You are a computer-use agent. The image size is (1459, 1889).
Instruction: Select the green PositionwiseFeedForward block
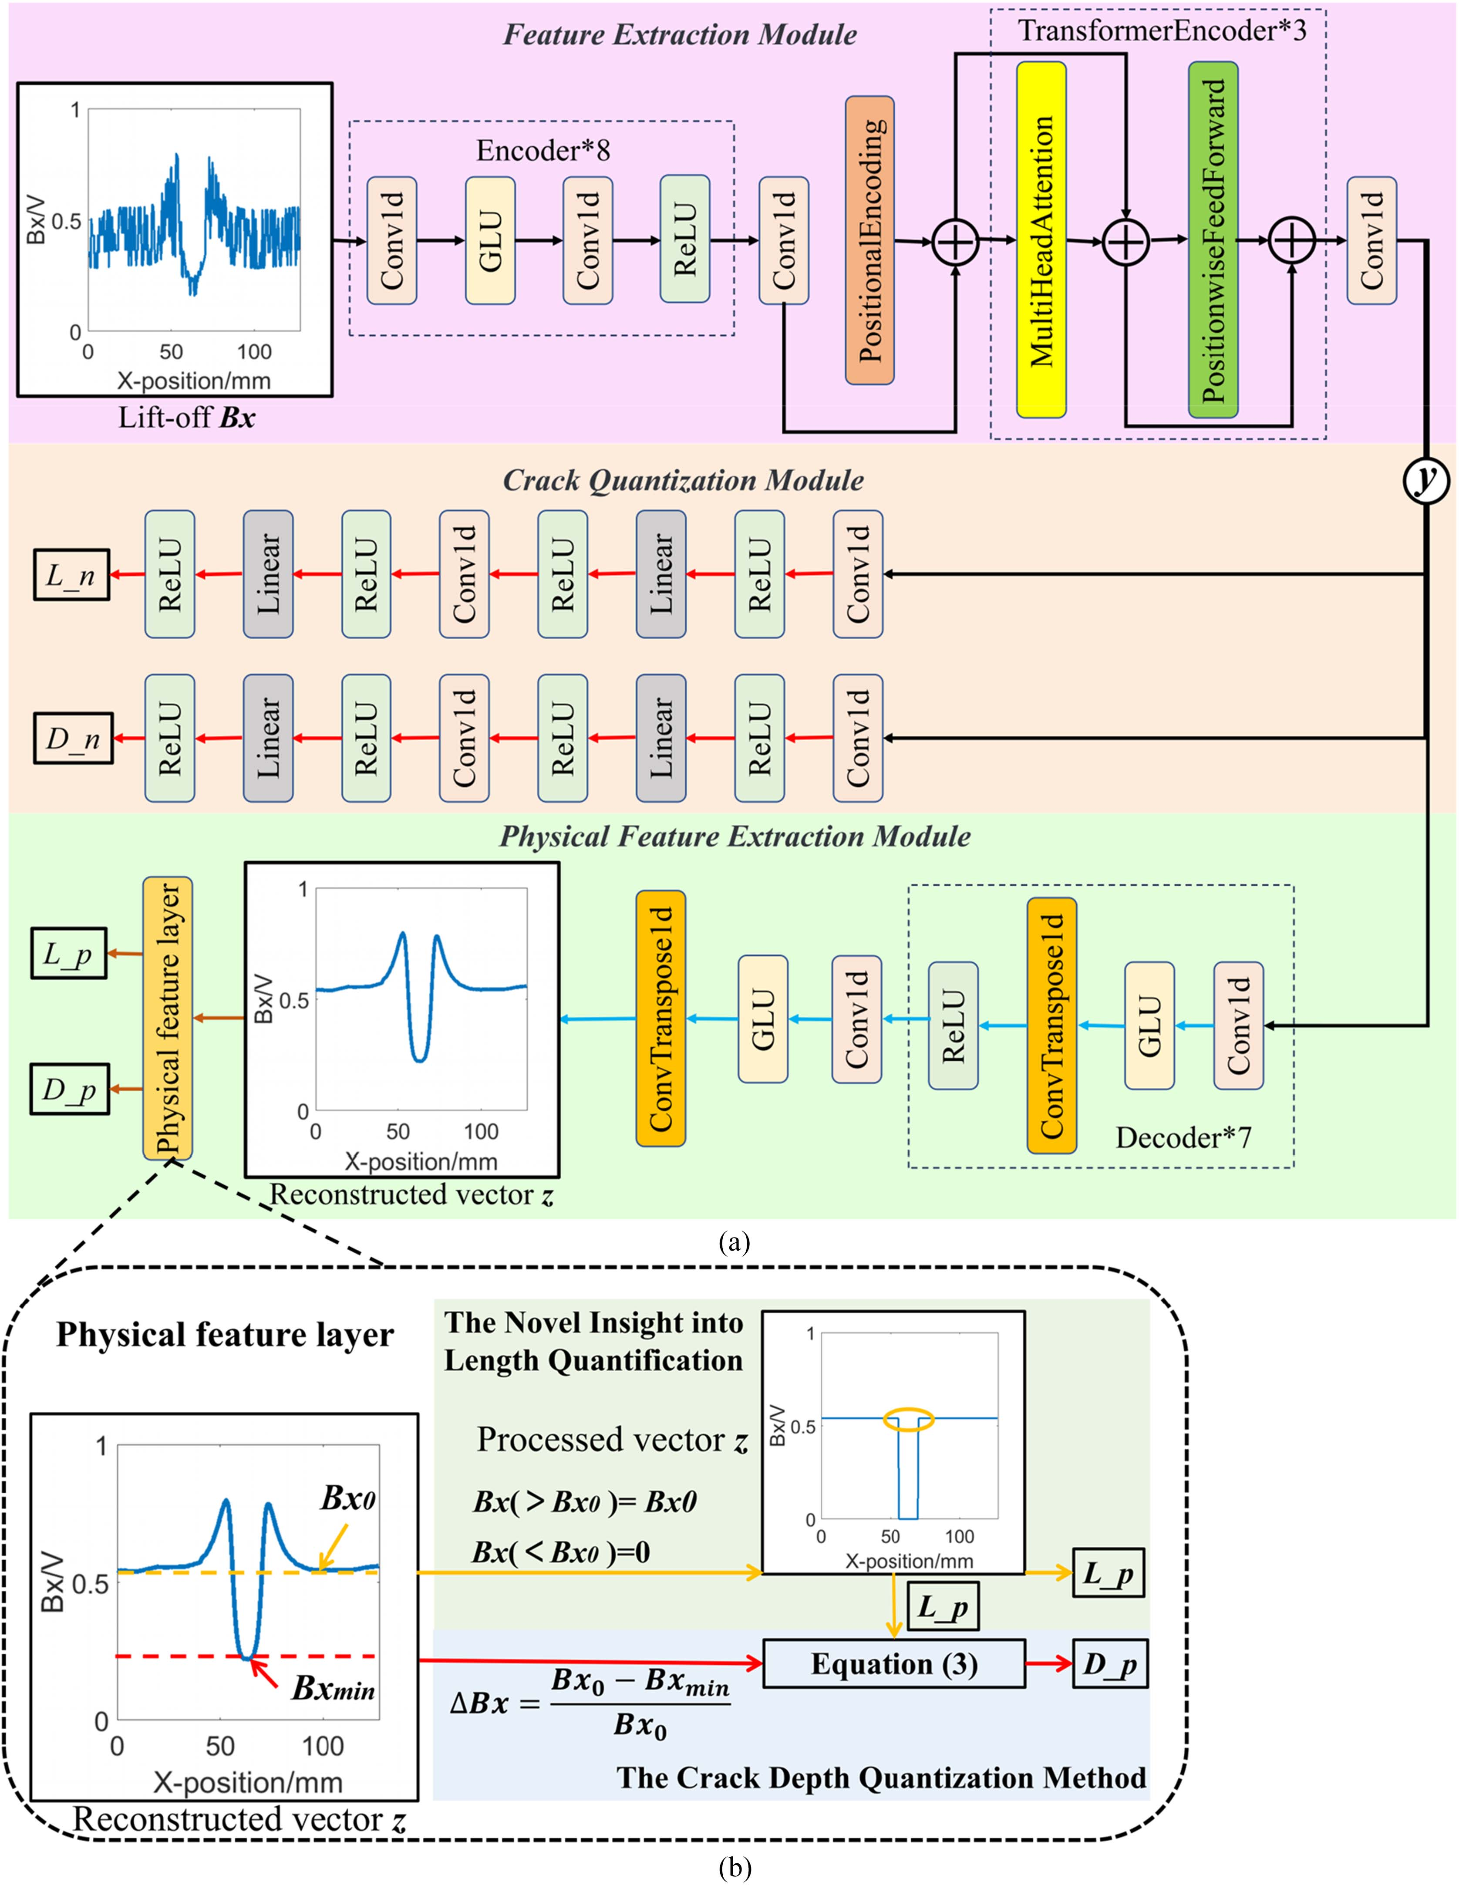tap(1213, 239)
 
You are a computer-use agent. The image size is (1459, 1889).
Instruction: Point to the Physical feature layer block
tap(168, 1018)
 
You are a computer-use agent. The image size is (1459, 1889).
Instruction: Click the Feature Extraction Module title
tap(680, 34)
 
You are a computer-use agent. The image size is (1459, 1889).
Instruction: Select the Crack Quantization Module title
tap(683, 481)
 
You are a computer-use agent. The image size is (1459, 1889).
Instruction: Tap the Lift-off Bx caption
tap(187, 418)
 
